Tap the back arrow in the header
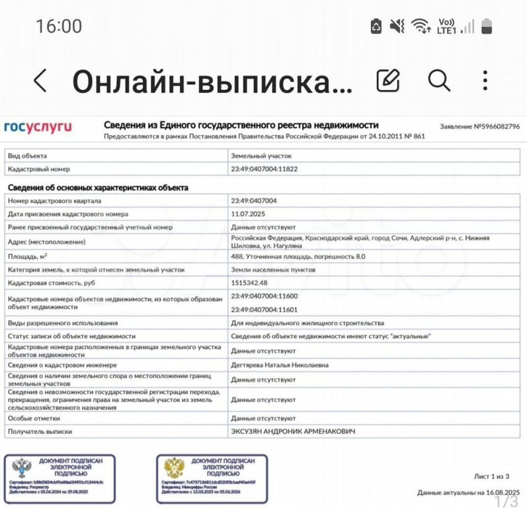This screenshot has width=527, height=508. click(x=40, y=81)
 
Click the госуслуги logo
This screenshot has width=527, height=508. click(x=38, y=126)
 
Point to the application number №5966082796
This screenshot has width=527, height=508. click(x=479, y=126)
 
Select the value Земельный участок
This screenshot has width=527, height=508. click(x=261, y=156)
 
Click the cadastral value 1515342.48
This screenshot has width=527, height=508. click(x=249, y=283)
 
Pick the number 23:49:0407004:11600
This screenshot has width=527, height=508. click(x=264, y=296)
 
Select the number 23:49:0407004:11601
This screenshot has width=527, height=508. click(x=264, y=309)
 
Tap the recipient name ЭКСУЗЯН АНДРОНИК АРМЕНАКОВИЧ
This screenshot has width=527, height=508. click(x=293, y=431)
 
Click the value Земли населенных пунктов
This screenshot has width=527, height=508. click(x=273, y=270)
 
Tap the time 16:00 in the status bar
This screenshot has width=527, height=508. click(x=59, y=26)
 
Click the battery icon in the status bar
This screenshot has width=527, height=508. click(x=487, y=26)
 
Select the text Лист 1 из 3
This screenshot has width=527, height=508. click(x=491, y=476)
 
